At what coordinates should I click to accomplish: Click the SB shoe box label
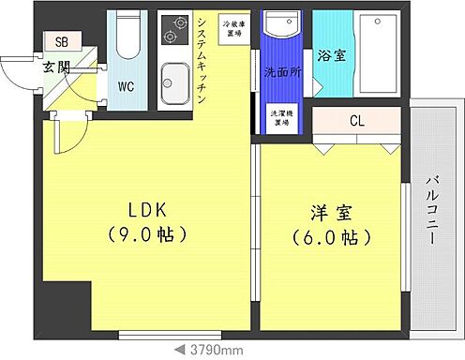click(62, 42)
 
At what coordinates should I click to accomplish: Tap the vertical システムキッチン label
click(203, 57)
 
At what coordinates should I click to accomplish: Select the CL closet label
click(357, 121)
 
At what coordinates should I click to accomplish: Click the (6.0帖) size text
click(324, 238)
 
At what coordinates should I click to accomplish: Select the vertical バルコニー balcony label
click(433, 210)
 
